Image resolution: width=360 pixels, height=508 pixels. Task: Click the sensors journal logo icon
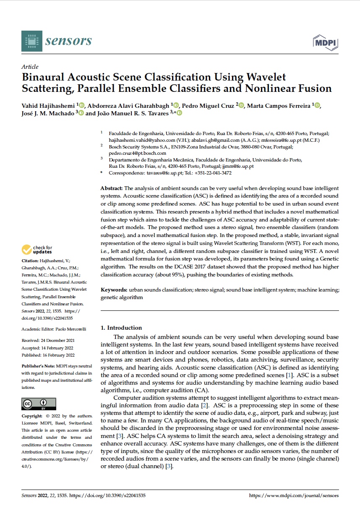click(x=32, y=41)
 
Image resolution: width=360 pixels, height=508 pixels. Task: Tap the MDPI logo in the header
click(x=326, y=42)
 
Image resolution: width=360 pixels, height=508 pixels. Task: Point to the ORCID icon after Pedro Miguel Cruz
click(x=241, y=105)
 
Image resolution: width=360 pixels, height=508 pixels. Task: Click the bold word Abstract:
click(x=112, y=188)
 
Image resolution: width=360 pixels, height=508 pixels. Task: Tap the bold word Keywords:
click(x=114, y=290)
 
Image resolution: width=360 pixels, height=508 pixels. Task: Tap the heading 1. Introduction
click(x=121, y=328)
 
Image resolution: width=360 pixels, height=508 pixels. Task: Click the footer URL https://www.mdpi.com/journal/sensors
click(x=294, y=495)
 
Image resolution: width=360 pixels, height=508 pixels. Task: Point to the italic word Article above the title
click(x=30, y=66)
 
